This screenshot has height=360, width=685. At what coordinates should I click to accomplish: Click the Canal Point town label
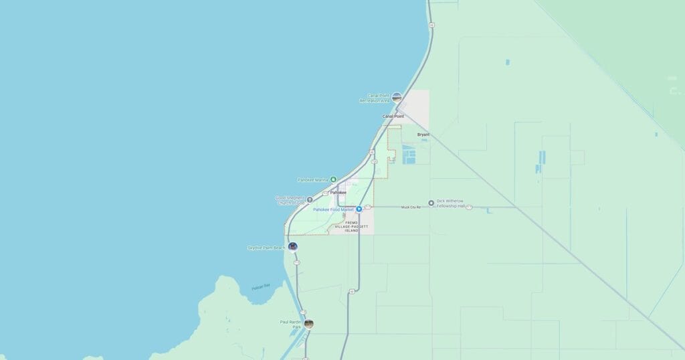click(393, 116)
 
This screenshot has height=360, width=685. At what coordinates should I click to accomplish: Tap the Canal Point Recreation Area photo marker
click(397, 97)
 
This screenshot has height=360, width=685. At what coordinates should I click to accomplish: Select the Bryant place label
click(423, 134)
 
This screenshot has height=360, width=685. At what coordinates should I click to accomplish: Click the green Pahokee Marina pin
click(333, 179)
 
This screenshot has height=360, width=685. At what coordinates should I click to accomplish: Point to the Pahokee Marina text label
click(312, 180)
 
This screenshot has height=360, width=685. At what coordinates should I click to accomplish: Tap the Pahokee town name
click(338, 192)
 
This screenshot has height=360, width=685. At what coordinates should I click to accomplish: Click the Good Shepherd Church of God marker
click(310, 199)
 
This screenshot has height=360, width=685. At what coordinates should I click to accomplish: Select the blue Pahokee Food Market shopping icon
click(359, 209)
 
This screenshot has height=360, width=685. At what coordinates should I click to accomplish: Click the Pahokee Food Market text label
click(332, 209)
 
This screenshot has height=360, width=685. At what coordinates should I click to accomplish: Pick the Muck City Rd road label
click(411, 207)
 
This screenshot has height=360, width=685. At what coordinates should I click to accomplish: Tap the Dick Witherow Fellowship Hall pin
click(431, 202)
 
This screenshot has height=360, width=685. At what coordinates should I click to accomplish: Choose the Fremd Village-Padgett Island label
click(352, 226)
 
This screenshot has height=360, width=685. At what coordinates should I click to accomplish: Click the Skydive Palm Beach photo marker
click(292, 246)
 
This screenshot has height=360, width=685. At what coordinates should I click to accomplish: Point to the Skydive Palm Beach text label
click(266, 248)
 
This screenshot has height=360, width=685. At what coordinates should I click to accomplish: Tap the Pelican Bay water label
click(261, 287)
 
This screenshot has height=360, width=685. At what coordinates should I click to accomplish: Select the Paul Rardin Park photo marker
click(308, 324)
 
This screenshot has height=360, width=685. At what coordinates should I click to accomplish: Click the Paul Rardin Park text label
click(291, 324)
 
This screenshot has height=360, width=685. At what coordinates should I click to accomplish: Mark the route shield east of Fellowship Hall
click(469, 207)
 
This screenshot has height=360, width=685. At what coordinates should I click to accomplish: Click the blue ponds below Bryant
click(408, 156)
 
